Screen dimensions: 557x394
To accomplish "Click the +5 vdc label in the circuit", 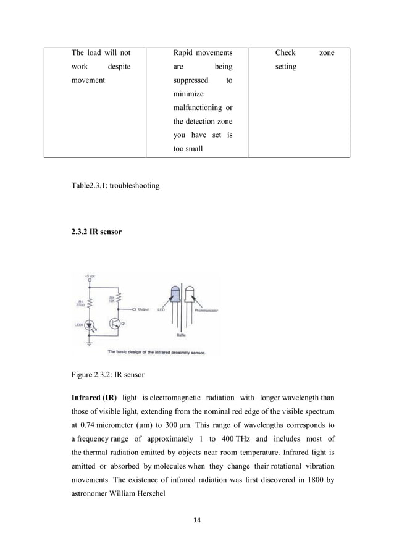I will [90, 275].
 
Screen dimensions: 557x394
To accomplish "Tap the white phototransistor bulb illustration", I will [189, 295].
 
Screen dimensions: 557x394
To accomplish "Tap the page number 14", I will [197, 521].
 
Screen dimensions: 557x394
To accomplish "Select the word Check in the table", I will [285, 54].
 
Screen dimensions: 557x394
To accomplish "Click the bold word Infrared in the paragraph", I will [89, 395].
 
